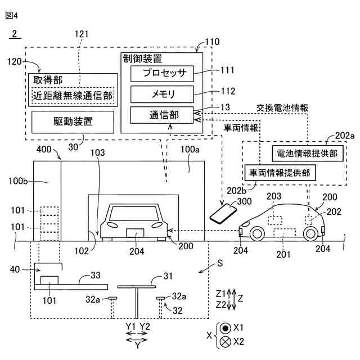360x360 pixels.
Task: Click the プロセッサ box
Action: click(x=162, y=74)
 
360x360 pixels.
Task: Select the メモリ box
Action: click(x=162, y=94)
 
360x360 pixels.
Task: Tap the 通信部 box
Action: click(x=162, y=115)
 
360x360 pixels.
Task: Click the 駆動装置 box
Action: click(x=73, y=122)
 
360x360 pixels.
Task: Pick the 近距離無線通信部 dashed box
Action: click(x=73, y=96)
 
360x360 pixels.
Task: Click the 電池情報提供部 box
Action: click(x=308, y=154)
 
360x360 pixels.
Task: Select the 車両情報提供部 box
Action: click(x=280, y=173)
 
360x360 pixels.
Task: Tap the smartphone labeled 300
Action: click(x=223, y=214)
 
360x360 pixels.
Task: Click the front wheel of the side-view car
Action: click(x=257, y=234)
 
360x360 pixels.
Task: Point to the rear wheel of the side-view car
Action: click(x=310, y=234)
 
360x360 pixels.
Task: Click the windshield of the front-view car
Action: click(x=133, y=213)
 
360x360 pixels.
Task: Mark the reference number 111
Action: click(x=227, y=70)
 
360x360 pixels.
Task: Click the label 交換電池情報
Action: click(x=282, y=108)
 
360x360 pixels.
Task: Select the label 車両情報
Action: click(x=241, y=128)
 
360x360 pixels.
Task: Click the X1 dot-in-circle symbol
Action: click(x=225, y=328)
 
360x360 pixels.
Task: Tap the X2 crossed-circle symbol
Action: click(x=225, y=342)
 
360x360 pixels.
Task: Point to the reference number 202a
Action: click(x=345, y=136)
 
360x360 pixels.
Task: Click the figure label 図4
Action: click(x=11, y=16)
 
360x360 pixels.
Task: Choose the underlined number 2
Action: click(x=15, y=34)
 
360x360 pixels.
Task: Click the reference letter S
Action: click(x=220, y=263)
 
